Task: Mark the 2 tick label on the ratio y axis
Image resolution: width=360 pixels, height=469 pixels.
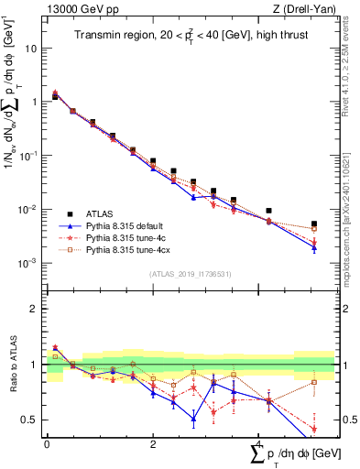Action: [x=34, y=309]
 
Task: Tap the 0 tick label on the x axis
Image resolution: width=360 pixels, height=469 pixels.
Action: [x=47, y=444]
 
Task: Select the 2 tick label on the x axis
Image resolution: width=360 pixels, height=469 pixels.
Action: [x=153, y=444]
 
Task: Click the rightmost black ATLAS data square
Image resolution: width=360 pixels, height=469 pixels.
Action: [x=314, y=224]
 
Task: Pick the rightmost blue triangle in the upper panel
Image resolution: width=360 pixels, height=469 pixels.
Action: [x=314, y=247]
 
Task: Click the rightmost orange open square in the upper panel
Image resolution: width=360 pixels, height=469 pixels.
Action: [x=314, y=229]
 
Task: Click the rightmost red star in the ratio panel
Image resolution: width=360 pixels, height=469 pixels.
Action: [x=314, y=429]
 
